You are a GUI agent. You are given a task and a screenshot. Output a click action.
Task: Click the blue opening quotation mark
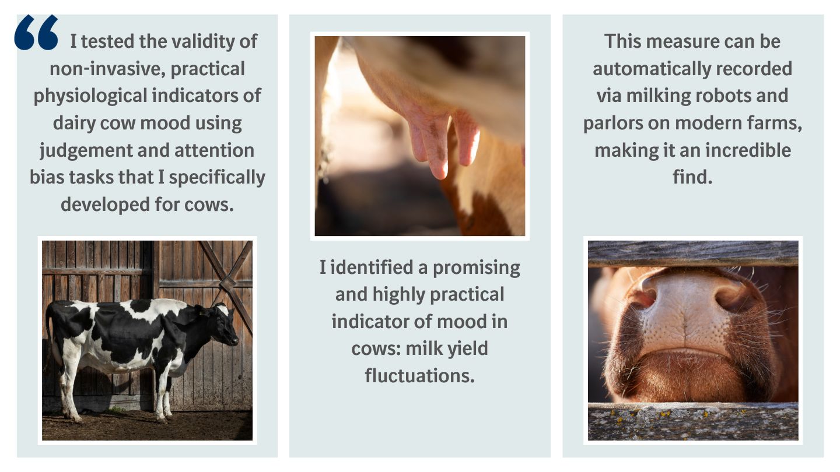pyautogui.click(x=36, y=33)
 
